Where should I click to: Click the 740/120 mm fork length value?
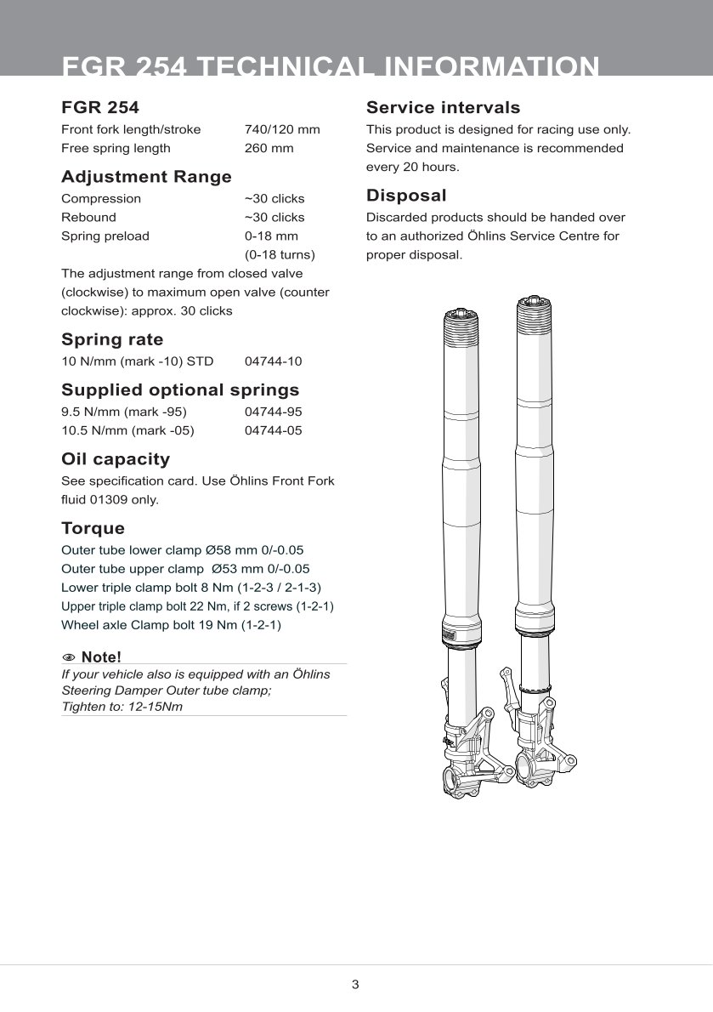click(x=282, y=129)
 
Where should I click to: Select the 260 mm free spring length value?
click(x=269, y=148)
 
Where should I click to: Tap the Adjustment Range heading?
click(x=146, y=177)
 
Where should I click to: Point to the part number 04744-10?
click(x=273, y=361)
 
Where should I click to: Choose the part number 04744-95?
click(x=273, y=412)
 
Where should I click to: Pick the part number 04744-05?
click(x=273, y=430)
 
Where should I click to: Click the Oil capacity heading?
click(x=116, y=459)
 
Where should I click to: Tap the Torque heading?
click(x=93, y=528)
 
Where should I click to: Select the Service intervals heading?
click(x=443, y=108)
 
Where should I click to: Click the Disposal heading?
click(x=406, y=196)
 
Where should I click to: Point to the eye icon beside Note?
click(x=69, y=657)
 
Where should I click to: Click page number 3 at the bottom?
click(x=355, y=985)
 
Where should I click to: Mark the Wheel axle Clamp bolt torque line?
click(x=171, y=625)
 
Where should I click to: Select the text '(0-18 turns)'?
click(x=280, y=254)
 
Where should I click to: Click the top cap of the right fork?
click(x=533, y=302)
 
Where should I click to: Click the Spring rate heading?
click(x=112, y=340)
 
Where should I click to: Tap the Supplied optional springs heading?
click(x=180, y=390)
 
